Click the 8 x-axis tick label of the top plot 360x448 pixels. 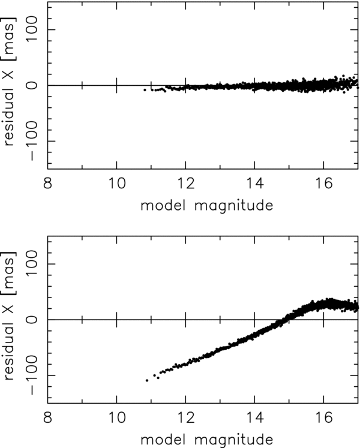point(49,183)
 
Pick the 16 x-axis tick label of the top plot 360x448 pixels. point(324,183)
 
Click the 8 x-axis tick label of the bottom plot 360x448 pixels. point(49,417)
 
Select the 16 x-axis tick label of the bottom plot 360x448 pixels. point(324,417)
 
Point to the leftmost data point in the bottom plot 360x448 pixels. point(146,380)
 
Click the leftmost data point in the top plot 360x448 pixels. point(145,90)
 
